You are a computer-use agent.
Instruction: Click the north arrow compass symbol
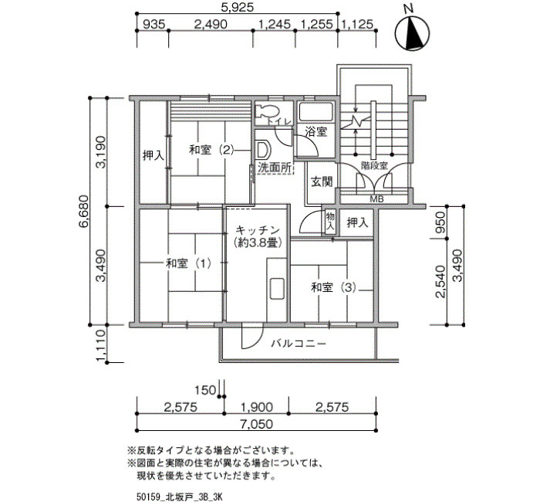[x=412, y=32]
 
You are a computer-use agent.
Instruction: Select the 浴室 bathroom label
[x=316, y=131]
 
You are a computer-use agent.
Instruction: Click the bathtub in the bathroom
[x=316, y=111]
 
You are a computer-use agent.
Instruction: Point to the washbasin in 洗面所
[x=264, y=150]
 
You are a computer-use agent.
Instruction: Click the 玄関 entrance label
[x=322, y=181]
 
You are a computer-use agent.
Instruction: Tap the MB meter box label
[x=376, y=199]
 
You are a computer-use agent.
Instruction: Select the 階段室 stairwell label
[x=374, y=165]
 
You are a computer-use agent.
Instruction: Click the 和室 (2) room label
[x=211, y=150]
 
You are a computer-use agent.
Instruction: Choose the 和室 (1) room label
[x=188, y=264]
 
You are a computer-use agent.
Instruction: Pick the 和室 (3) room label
[x=333, y=287]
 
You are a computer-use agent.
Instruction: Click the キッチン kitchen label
[x=258, y=229]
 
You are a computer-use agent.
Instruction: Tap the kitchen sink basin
[x=276, y=288]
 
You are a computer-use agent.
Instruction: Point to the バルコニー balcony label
[x=299, y=344]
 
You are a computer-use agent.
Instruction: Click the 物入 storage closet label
[x=330, y=221]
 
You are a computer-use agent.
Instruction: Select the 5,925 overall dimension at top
[x=238, y=7]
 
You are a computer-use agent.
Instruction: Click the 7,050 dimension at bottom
[x=257, y=424]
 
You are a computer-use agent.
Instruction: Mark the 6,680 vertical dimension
[x=83, y=211]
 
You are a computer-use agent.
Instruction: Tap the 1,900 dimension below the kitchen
[x=257, y=407]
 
